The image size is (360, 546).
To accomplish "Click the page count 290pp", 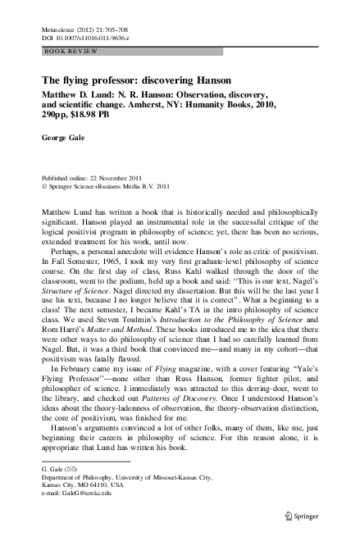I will pos(56,116).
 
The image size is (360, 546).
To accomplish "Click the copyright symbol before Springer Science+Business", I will pos(44,185).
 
